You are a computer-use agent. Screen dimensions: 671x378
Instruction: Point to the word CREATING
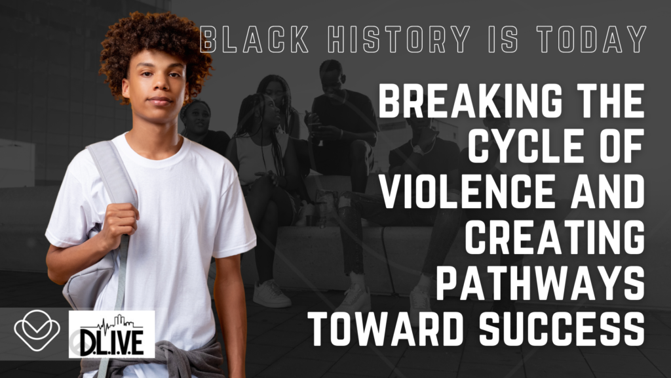pos(555,237)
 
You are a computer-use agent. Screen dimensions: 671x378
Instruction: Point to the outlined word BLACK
pos(255,39)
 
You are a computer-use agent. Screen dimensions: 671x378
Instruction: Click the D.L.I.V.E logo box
pos(111,334)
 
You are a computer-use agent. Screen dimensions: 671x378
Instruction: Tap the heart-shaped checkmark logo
pos(37,331)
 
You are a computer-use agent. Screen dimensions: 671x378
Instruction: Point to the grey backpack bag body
pos(92,274)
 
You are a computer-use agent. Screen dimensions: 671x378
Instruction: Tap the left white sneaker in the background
pos(271,293)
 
